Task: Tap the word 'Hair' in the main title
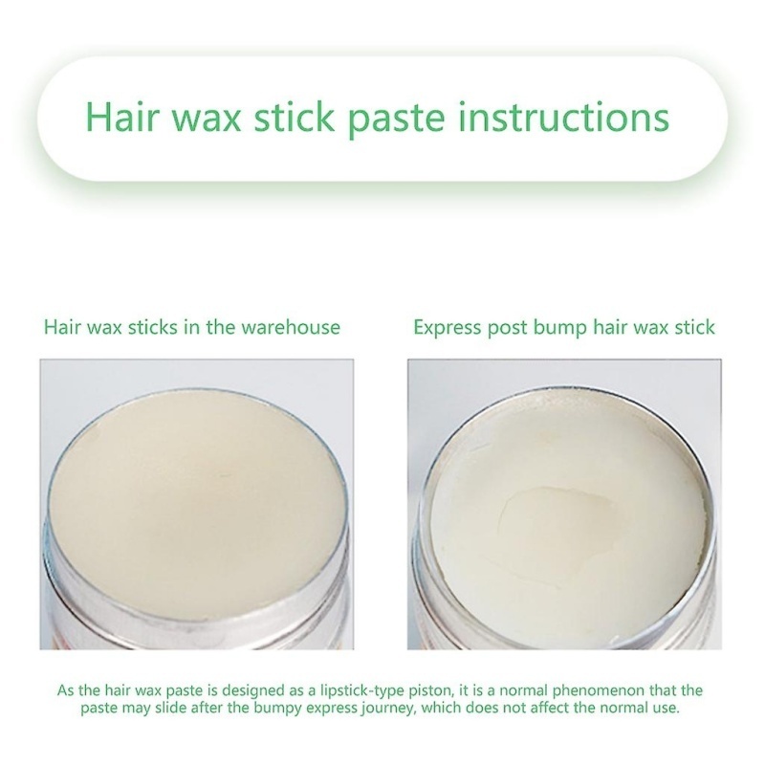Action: coord(123,117)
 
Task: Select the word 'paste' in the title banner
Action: coord(396,121)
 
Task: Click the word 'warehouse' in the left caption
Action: coord(291,327)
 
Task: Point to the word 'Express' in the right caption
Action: coord(447,328)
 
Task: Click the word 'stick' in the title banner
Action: coord(294,117)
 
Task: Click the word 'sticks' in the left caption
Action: coord(153,327)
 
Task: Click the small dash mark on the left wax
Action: coord(226,475)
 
